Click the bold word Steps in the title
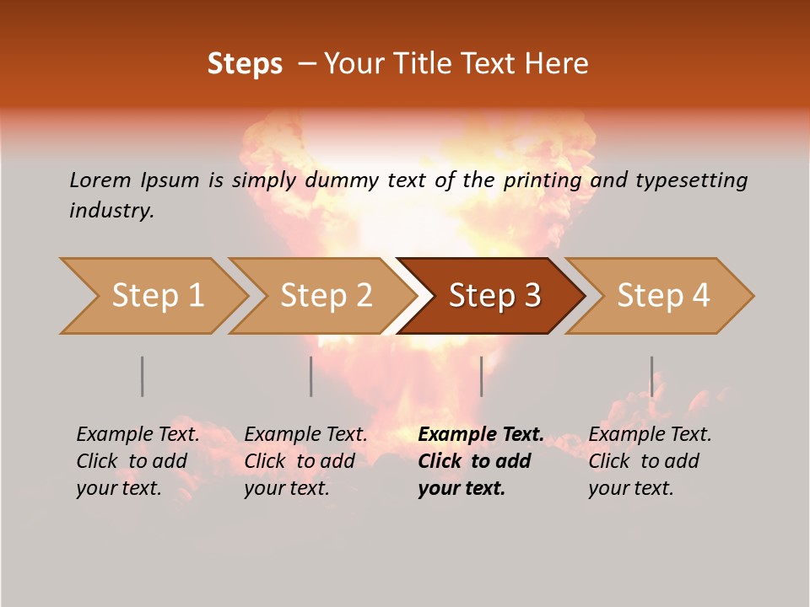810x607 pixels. click(245, 64)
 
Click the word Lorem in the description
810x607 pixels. click(100, 180)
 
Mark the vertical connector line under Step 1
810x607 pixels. click(142, 376)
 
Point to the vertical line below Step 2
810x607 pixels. click(310, 376)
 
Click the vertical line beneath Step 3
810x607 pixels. click(481, 376)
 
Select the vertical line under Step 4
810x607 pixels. click(651, 376)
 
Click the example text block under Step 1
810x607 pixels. click(138, 461)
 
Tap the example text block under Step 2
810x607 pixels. click(305, 461)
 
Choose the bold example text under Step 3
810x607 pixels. click(480, 461)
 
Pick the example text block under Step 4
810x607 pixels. click(650, 461)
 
